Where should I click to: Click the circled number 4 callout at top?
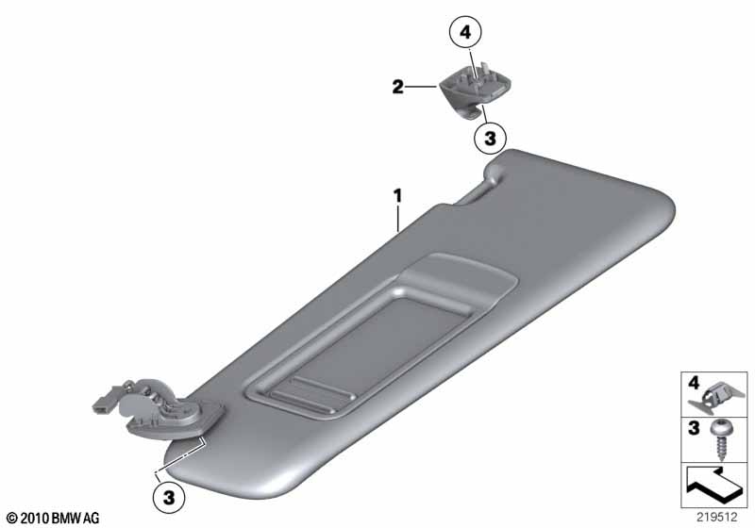(x=465, y=32)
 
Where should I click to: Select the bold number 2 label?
(x=397, y=87)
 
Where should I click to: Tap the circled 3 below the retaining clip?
(x=490, y=139)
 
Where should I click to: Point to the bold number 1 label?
(x=397, y=196)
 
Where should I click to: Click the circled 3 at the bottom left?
(x=169, y=497)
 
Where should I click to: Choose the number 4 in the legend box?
(x=694, y=383)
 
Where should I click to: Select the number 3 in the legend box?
(x=694, y=427)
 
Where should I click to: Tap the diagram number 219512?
(x=717, y=517)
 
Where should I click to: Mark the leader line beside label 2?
(x=421, y=87)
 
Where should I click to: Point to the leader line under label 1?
(x=397, y=219)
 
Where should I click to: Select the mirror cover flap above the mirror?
(x=458, y=277)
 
